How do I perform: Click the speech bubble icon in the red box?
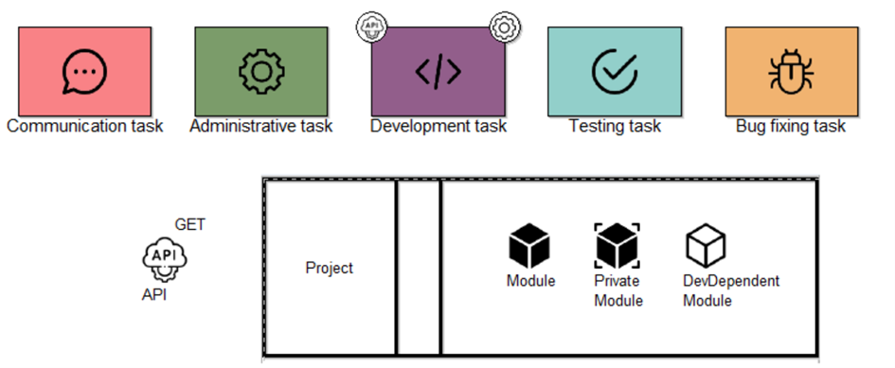point(84,71)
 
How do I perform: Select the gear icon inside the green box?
point(260,71)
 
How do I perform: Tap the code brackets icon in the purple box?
point(438,72)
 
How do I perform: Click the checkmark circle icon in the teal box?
point(614,71)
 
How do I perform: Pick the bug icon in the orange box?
point(790,71)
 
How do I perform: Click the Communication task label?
point(84,126)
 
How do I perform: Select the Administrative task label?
point(261,126)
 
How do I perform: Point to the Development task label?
point(438,126)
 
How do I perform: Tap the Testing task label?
point(614,126)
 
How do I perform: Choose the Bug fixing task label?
point(790,126)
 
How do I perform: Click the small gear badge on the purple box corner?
point(503,27)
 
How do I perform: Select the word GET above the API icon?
point(189,225)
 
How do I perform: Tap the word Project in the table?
point(329,268)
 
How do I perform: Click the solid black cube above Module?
point(530,247)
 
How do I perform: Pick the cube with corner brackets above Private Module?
point(618,246)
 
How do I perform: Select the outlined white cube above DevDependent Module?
point(706,246)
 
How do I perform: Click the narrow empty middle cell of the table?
point(419,268)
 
